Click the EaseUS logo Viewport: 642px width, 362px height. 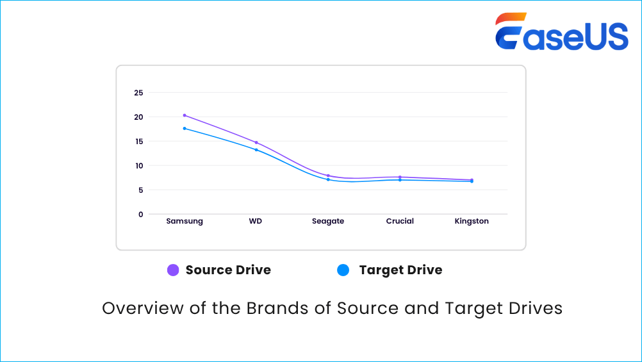pos(561,32)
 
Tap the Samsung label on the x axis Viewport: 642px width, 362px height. pos(185,221)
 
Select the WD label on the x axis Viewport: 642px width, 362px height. pos(256,221)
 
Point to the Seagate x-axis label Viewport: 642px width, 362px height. pos(328,221)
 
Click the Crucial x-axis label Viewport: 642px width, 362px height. pos(400,221)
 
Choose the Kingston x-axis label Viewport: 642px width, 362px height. pos(472,221)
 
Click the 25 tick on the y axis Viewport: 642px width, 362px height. pos(138,93)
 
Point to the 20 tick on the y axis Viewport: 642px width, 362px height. pos(138,117)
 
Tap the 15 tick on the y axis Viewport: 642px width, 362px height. pos(138,142)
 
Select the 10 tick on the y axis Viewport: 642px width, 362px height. pos(138,166)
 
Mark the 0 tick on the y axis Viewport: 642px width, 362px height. pos(141,215)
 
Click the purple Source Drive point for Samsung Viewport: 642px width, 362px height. pos(185,115)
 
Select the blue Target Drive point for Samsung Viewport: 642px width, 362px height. pos(185,128)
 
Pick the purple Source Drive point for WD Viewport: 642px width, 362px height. pos(256,142)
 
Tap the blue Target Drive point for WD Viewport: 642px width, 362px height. pos(256,150)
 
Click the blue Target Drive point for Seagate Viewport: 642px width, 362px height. pos(328,179)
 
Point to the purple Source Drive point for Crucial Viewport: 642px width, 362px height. pos(400,177)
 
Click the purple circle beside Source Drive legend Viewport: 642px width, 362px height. pos(173,270)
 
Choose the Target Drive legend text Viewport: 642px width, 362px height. pos(400,270)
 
